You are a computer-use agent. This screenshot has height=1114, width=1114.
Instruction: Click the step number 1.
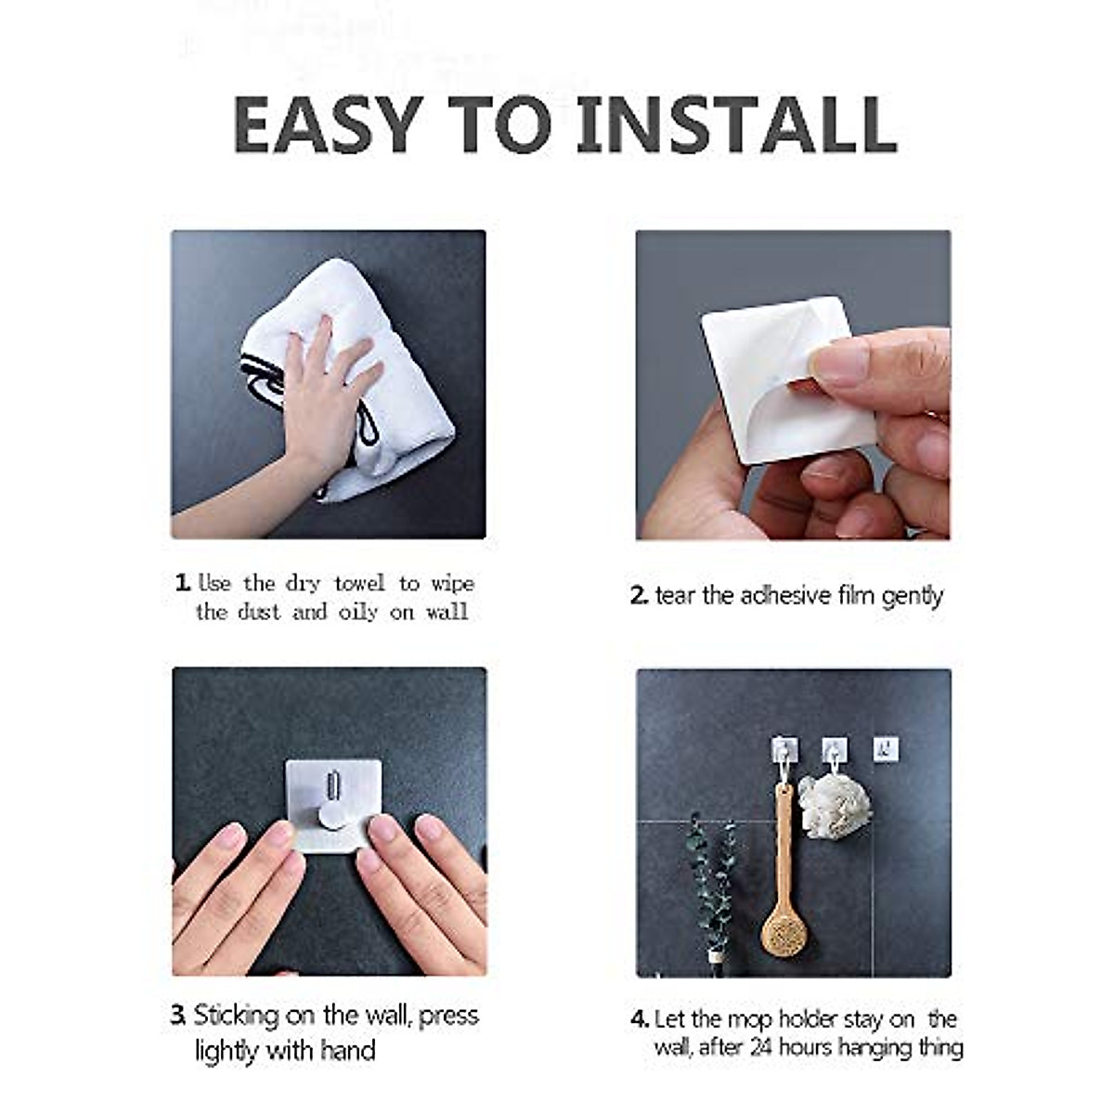[x=183, y=584]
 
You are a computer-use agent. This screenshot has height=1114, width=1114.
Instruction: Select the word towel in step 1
[x=359, y=584]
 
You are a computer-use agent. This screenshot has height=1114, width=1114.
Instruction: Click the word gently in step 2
[x=912, y=596]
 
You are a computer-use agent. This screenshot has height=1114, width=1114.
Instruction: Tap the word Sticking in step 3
[x=236, y=1015]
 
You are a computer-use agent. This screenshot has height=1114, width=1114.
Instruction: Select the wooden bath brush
[x=782, y=891]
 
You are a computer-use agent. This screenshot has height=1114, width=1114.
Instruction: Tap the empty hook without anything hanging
[x=886, y=748]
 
